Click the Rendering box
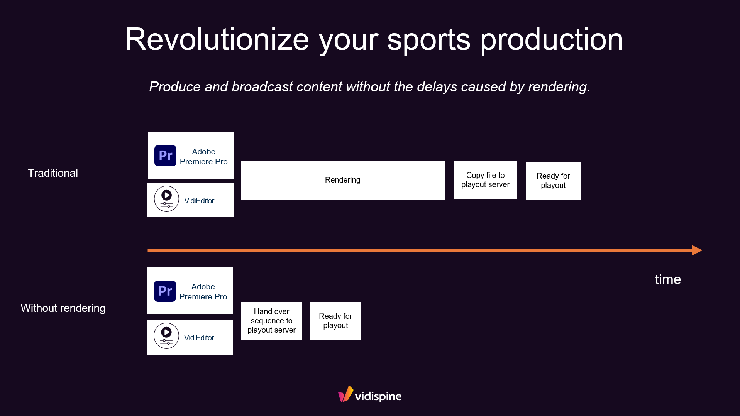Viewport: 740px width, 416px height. coord(342,180)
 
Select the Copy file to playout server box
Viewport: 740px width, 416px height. coord(485,180)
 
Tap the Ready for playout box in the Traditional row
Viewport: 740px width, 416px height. coord(553,181)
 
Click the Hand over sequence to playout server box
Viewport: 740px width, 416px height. coord(271,321)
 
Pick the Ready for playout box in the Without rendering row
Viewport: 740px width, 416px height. coord(335,321)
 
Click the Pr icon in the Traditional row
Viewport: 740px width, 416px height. coord(165,156)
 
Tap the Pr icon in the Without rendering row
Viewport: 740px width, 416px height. coord(165,291)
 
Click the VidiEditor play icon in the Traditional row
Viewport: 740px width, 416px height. coord(166,199)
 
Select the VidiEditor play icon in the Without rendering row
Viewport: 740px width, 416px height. coord(166,336)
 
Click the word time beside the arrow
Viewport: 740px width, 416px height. coord(667,279)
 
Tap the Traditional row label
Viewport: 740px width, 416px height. coord(53,173)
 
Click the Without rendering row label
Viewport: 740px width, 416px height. coord(63,308)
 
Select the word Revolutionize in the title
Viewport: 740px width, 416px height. coord(217,40)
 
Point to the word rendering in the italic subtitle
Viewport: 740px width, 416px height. coord(559,87)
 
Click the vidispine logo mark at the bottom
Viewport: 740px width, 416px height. coord(345,394)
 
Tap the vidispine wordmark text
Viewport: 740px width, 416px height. coord(378,396)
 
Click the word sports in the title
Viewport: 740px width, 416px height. coord(428,40)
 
